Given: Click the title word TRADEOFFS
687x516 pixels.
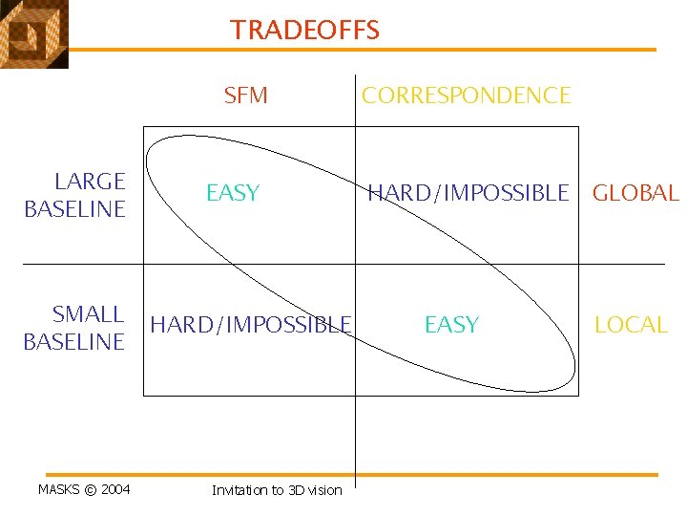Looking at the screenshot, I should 304,31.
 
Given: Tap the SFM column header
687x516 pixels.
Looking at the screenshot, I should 245,96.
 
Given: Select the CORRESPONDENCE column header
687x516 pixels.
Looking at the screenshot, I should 466,96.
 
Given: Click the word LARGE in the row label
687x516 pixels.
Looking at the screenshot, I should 90,182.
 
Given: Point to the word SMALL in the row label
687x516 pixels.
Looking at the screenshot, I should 88,314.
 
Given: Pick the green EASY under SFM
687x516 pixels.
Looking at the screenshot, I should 233,193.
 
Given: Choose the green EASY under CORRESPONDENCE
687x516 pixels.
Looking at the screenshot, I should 451,325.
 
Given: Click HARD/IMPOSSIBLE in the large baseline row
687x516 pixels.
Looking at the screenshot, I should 468,193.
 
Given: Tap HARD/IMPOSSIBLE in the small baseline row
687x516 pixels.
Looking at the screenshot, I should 251,325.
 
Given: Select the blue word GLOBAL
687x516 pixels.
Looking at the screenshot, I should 635,193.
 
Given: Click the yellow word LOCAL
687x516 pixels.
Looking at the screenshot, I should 631,325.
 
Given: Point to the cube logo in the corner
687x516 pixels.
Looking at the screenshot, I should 33,33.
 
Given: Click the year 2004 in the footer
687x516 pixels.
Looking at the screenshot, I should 115,490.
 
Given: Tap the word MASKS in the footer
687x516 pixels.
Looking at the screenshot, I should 59,490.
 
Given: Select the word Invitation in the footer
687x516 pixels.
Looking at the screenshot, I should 240,490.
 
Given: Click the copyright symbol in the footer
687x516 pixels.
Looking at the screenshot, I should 91,490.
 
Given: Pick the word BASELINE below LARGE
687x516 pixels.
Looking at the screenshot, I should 74,209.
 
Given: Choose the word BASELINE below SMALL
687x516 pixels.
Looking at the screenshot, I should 74,342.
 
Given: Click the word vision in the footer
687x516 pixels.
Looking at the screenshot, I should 324,490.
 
